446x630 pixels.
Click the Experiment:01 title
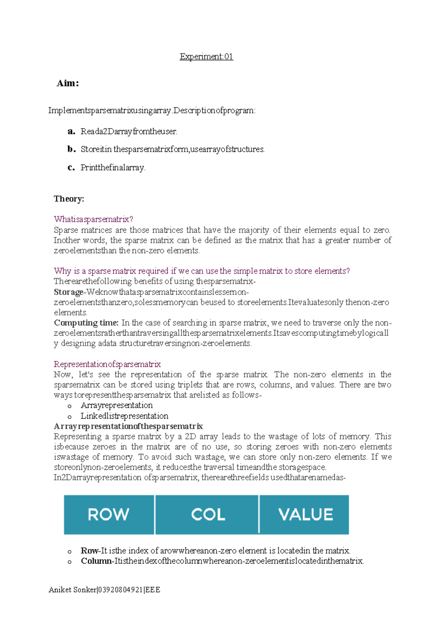pos(206,57)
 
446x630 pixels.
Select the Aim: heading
pos(68,83)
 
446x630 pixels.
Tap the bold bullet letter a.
pos(71,131)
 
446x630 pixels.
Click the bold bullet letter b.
pos(71,149)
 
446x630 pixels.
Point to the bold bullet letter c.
pos(71,168)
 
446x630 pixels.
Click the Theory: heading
pos(69,199)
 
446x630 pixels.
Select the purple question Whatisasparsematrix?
pos(93,219)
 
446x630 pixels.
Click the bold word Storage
pos(68,292)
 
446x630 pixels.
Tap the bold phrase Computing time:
pos(86,323)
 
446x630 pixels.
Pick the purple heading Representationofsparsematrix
pos(107,364)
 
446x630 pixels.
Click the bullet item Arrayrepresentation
pos(117,405)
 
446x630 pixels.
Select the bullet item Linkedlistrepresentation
pos(125,416)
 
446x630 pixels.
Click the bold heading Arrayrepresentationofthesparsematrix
pos(128,426)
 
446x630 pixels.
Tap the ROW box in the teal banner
pos(109,515)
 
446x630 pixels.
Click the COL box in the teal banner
pos(207,515)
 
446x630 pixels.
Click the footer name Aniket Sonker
pos(72,590)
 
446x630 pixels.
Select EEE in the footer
pos(153,590)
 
